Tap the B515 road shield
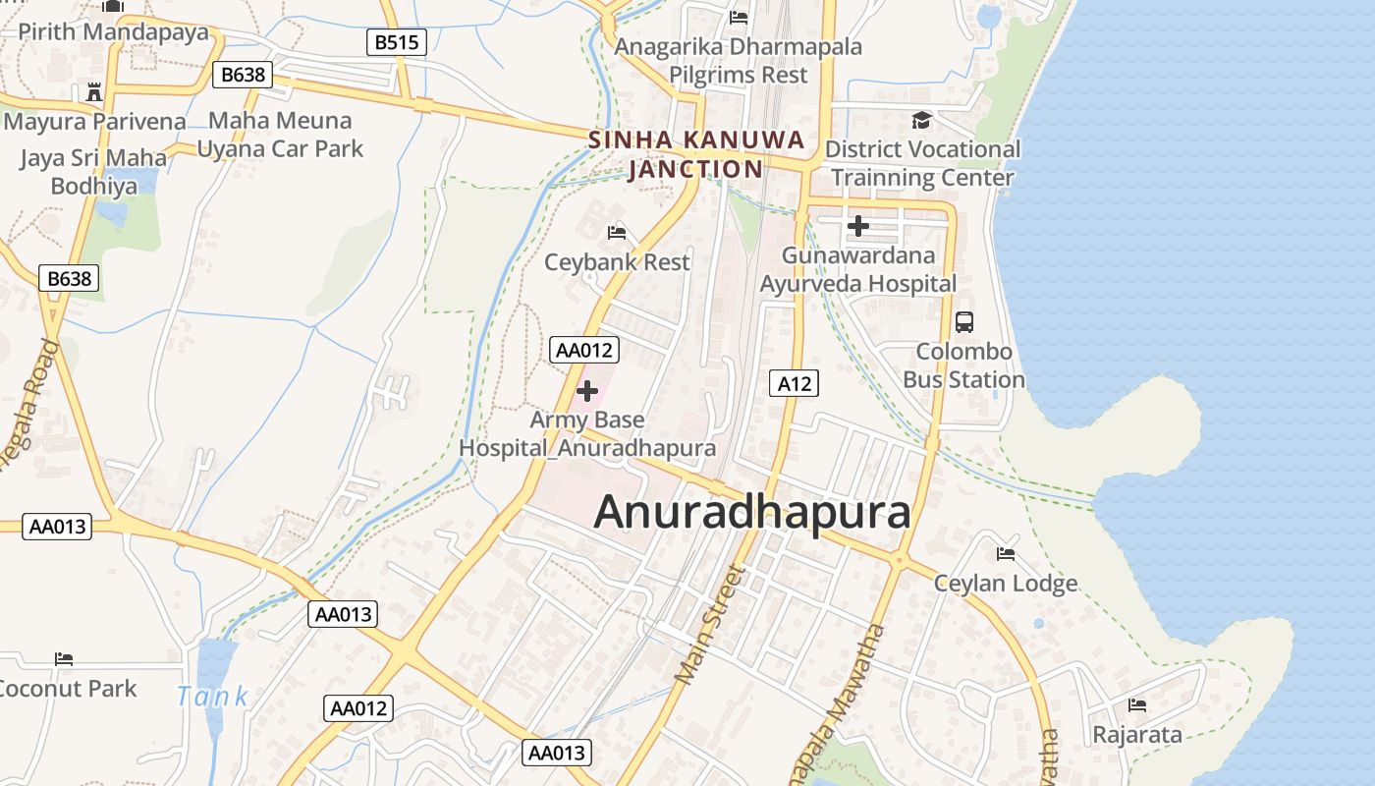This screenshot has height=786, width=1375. pos(398,42)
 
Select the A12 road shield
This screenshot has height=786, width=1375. pos(794,383)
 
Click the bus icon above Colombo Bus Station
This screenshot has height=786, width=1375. pos(964,321)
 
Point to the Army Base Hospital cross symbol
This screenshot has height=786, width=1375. pos(587,391)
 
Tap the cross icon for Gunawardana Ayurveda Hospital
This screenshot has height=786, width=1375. pos(857,226)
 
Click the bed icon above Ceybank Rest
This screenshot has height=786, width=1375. pos(617,233)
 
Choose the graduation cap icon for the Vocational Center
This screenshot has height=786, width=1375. pos(921,120)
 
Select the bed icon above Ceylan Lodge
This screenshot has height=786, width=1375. pos(1005,554)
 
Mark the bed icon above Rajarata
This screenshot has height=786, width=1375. pos(1137,705)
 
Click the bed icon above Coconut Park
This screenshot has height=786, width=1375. pos(64,658)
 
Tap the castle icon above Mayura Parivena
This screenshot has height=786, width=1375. pos(94,92)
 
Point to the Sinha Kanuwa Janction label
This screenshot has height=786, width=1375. pos(696,154)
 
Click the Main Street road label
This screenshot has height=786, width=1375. pos(710,625)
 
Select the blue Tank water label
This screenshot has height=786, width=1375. pos(212,697)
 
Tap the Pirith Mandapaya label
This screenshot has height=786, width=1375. pos(114,32)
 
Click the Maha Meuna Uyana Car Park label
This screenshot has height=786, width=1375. pos(280,135)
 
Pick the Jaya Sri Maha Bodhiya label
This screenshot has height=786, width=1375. pos(95,171)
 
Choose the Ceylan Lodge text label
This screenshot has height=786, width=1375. pos(1005,584)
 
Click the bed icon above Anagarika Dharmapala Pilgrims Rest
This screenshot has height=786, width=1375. pos(739,17)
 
